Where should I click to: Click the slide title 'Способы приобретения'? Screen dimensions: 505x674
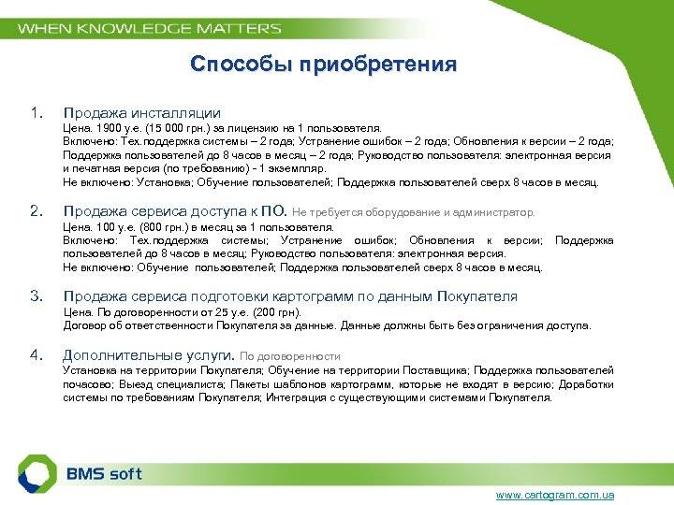point(323,65)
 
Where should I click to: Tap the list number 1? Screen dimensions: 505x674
point(36,113)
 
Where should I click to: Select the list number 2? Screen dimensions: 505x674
point(36,210)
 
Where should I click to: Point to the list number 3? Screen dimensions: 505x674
point(36,296)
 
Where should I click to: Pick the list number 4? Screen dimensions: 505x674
point(36,354)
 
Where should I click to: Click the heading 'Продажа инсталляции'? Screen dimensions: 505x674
point(141,113)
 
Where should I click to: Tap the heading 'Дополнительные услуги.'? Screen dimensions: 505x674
point(148,355)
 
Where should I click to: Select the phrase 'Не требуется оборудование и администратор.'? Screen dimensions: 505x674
point(415,212)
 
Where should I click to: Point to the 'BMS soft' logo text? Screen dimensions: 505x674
point(104,473)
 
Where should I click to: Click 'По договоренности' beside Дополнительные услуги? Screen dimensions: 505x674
point(290,356)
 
